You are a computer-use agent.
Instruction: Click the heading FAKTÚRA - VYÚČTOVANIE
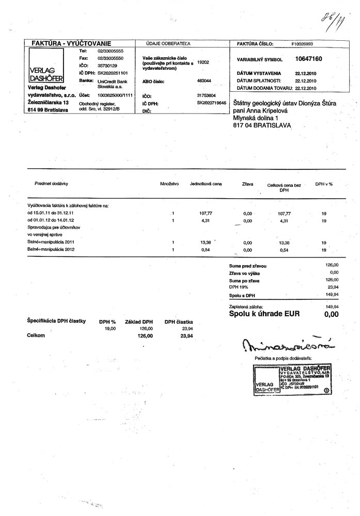click(72, 44)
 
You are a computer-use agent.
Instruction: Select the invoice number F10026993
click(302, 44)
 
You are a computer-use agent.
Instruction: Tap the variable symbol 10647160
click(308, 59)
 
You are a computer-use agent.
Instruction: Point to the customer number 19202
click(203, 62)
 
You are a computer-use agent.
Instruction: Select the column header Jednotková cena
click(206, 183)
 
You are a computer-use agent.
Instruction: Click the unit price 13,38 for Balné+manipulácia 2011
click(206, 241)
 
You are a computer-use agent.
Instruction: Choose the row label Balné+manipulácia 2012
click(52, 249)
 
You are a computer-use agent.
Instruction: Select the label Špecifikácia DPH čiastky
click(56, 321)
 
